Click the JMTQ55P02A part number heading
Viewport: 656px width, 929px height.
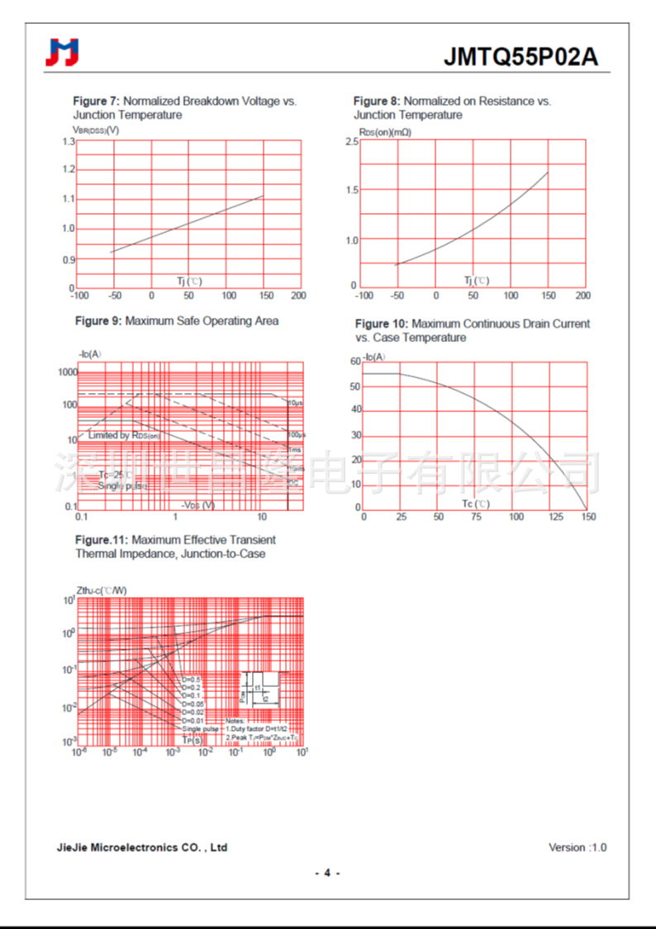point(521,56)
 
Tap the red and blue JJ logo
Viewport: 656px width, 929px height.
point(63,53)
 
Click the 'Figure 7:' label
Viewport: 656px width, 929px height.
point(97,102)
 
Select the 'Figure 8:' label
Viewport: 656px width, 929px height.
point(377,102)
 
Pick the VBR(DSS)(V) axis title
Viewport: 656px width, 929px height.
point(96,130)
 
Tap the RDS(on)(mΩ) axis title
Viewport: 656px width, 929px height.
point(385,132)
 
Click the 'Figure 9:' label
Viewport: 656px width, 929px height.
point(98,320)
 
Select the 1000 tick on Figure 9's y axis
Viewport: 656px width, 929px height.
point(66,373)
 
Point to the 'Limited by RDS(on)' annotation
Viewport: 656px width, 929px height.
point(124,435)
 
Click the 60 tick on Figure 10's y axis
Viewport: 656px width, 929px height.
point(355,362)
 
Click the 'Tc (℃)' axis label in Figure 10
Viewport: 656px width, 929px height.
point(475,504)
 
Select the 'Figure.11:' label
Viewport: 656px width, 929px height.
point(102,540)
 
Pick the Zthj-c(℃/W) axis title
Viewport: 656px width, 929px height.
point(102,590)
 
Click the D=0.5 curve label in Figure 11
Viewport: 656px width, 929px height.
point(191,680)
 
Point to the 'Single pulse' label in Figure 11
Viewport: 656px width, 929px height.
point(201,729)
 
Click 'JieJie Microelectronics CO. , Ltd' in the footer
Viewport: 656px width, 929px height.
point(142,847)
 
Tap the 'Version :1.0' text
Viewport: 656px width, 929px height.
point(578,847)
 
